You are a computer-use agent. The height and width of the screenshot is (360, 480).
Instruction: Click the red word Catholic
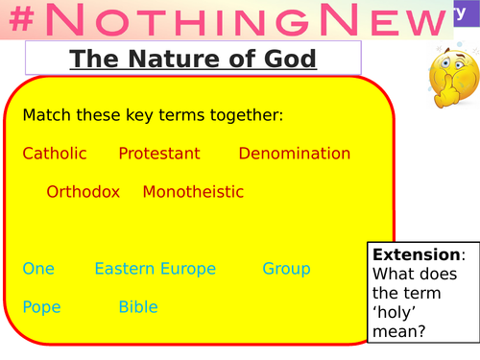tap(55, 154)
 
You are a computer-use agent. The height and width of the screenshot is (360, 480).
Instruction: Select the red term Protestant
tap(159, 154)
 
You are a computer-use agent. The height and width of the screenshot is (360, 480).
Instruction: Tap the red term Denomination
tap(295, 154)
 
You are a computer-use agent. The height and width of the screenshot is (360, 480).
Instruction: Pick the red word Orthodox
tap(83, 192)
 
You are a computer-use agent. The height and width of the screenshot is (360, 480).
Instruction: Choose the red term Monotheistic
tap(193, 192)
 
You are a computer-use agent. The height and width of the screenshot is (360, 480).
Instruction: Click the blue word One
tap(38, 269)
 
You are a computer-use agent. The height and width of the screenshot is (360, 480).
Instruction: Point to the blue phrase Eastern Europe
tap(155, 269)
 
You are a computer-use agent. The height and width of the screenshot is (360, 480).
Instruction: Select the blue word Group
tap(286, 269)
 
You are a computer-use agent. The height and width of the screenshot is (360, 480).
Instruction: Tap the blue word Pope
tap(42, 307)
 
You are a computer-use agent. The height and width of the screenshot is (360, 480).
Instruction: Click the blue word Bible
tap(138, 307)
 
